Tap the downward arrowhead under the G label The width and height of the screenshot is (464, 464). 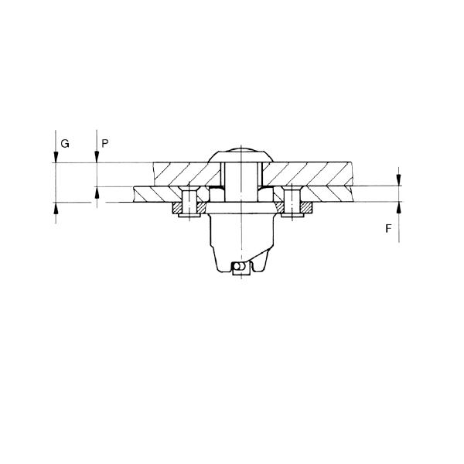pos(56,159)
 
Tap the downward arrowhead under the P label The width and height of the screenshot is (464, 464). pos(96,159)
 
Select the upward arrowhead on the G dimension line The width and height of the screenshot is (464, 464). pos(56,206)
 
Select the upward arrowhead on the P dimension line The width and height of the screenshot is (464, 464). pos(96,191)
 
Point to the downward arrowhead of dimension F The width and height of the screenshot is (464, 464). pos(399,181)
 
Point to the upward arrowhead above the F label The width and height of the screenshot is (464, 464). pos(399,206)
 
